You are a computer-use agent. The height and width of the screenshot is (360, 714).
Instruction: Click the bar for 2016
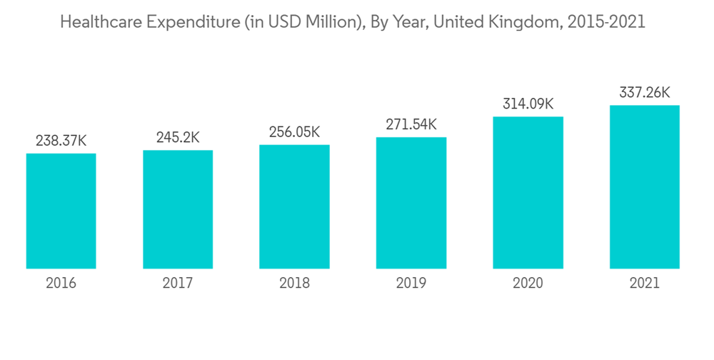61,211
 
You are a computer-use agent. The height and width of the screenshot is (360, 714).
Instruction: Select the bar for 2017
178,209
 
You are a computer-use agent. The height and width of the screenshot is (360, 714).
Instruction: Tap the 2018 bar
294,206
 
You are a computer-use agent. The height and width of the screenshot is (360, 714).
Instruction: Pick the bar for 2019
411,203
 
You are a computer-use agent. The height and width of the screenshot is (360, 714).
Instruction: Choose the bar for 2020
528,192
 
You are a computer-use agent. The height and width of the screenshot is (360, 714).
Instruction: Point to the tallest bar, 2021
644,186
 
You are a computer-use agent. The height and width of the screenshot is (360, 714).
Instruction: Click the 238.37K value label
61,141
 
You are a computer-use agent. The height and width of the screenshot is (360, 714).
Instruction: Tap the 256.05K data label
294,133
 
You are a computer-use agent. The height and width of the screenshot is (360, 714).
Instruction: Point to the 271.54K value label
411,125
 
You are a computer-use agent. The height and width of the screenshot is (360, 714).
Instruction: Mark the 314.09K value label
528,104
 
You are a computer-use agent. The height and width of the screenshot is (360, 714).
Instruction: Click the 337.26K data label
644,93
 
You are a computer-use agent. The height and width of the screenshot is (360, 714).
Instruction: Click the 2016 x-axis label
61,284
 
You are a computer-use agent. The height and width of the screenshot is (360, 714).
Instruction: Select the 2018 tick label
294,284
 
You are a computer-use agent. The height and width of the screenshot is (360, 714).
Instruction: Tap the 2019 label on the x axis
411,284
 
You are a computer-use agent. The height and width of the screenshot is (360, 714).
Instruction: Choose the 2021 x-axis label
644,284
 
